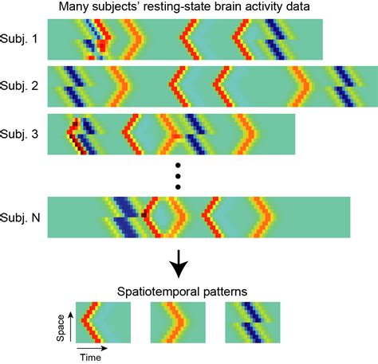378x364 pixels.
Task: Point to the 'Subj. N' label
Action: click(x=21, y=216)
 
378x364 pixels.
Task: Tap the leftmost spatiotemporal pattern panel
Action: click(x=102, y=323)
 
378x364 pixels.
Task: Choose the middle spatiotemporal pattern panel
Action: click(x=178, y=323)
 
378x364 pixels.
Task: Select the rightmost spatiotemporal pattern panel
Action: click(x=253, y=323)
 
